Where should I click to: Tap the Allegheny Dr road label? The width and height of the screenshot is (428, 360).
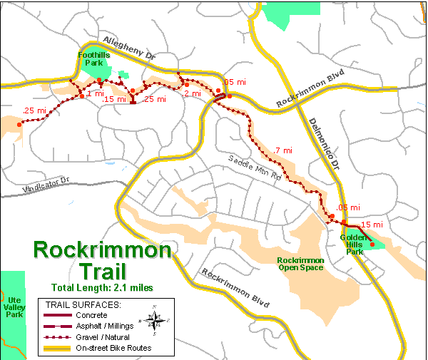(x=128, y=46)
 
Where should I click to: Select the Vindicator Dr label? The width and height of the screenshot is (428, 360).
(x=40, y=186)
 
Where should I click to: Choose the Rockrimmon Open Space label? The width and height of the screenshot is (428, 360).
(x=300, y=264)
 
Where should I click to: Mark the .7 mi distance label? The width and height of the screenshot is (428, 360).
(x=282, y=150)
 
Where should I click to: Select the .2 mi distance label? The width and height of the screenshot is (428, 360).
(x=191, y=93)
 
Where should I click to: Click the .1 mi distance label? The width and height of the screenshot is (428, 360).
(x=94, y=93)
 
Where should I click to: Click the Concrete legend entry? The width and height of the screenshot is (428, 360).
(x=91, y=314)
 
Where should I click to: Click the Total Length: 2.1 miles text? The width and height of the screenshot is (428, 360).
(x=101, y=287)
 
